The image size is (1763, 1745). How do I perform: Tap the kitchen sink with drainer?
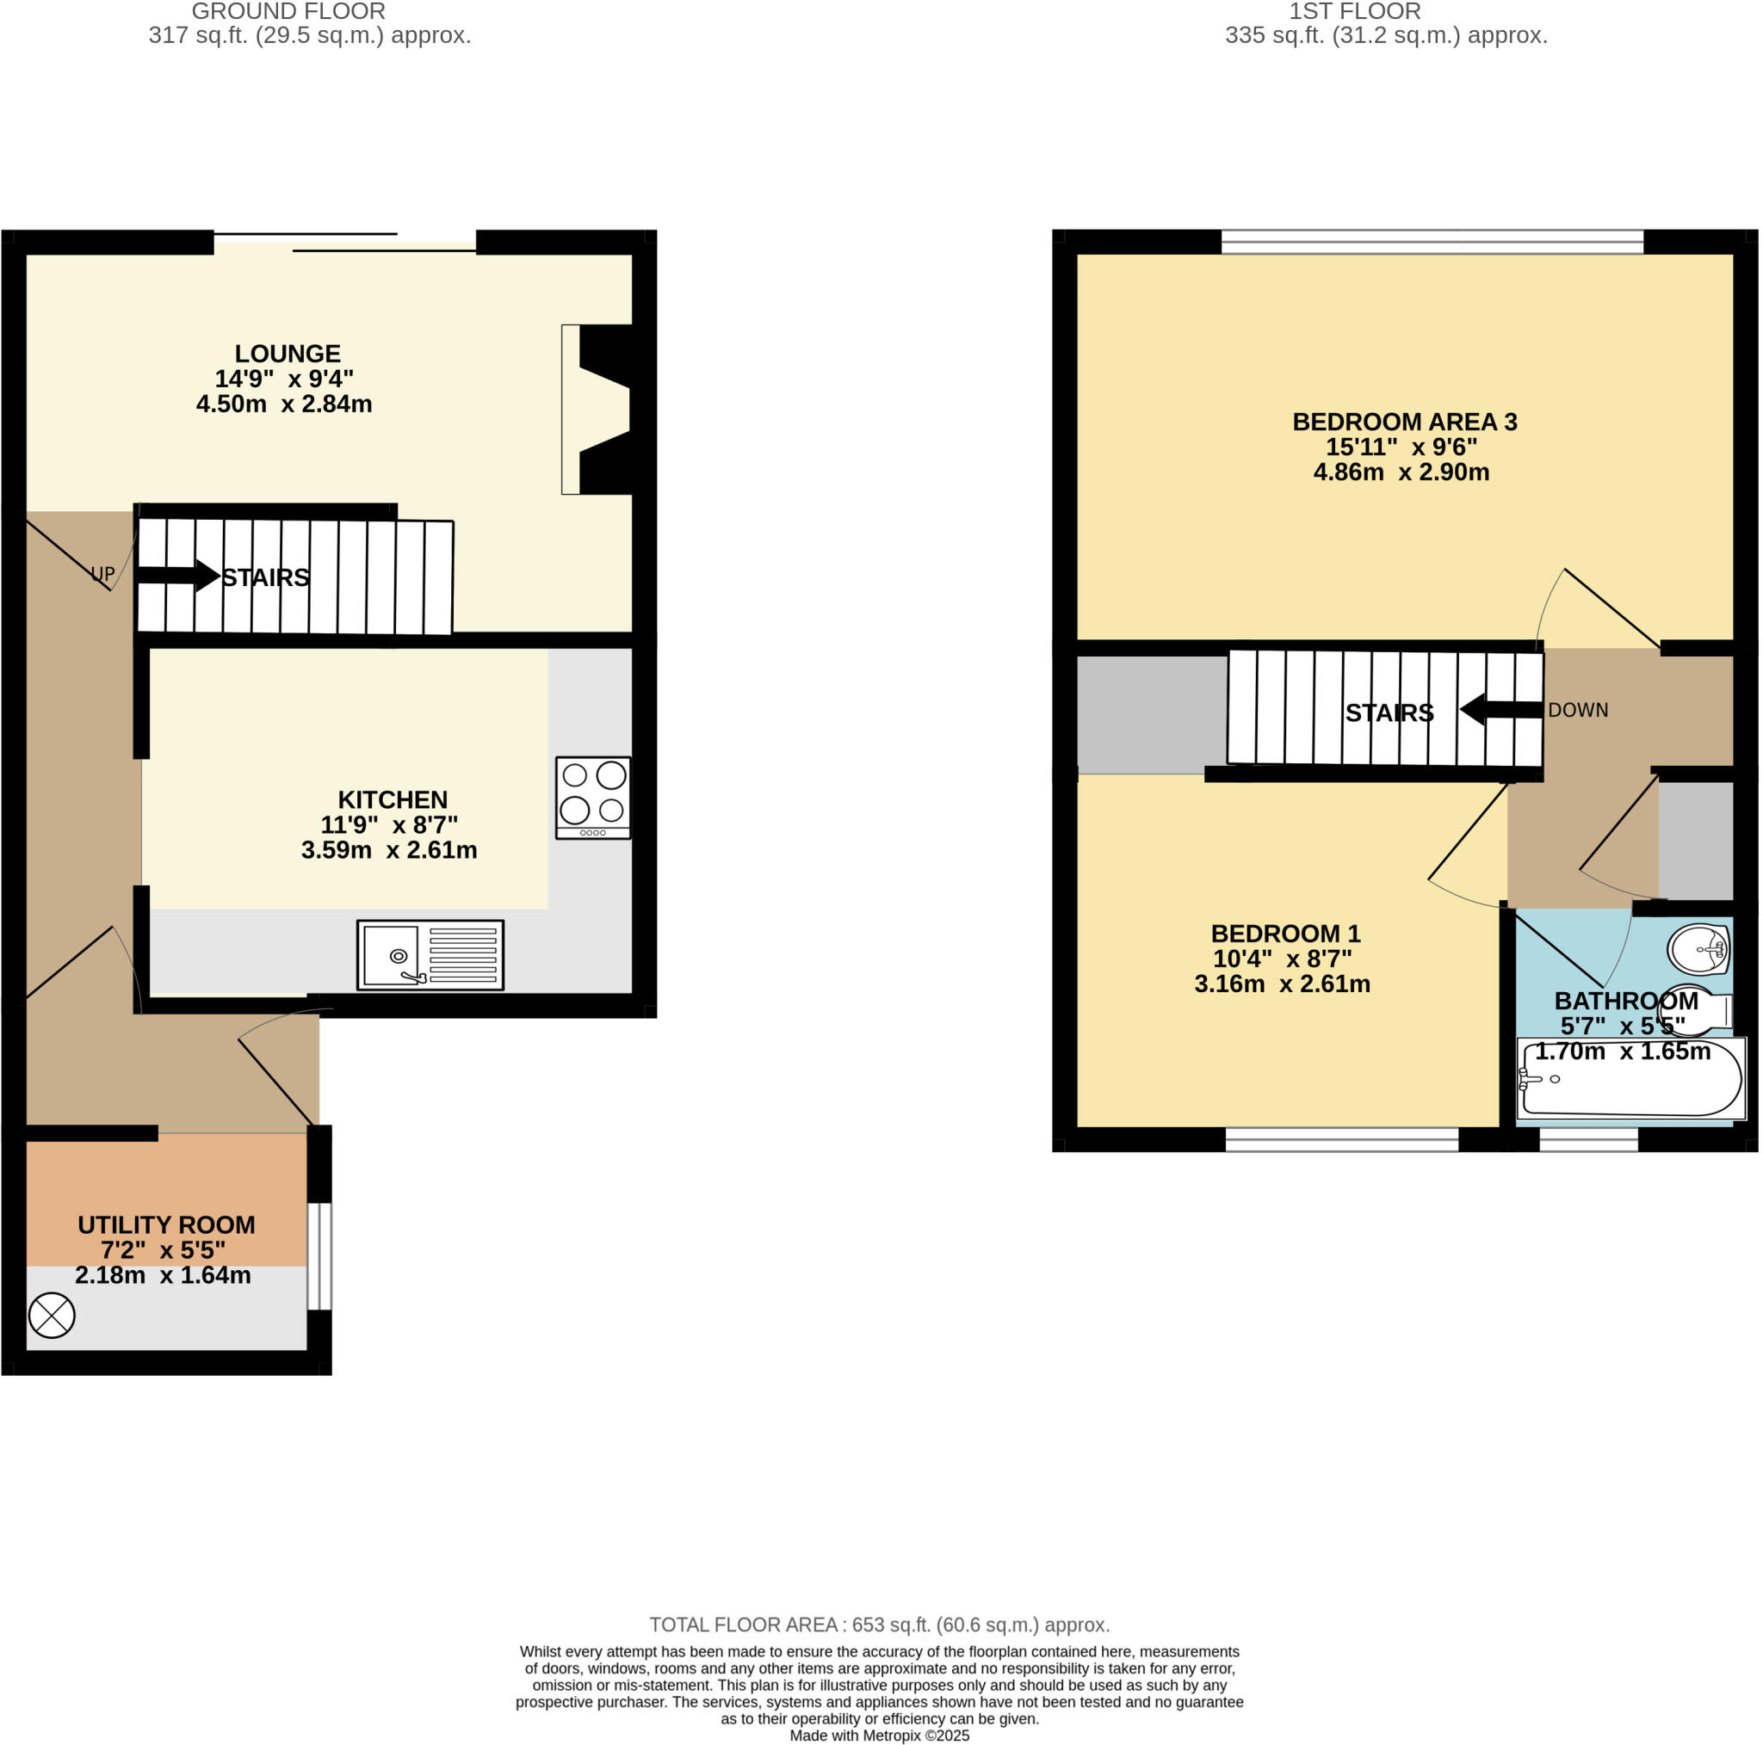[430, 955]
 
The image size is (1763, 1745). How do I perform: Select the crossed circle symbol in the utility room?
[52, 1316]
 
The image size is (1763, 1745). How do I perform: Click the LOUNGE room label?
[288, 354]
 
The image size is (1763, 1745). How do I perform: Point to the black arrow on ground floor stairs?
[179, 576]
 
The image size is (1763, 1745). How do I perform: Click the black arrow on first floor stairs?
[1501, 709]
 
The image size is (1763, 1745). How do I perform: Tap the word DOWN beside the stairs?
[1578, 710]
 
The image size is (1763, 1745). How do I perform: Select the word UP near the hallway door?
[102, 574]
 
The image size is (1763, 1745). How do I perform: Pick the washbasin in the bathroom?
[1699, 950]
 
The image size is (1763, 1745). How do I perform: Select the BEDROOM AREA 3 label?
[1404, 422]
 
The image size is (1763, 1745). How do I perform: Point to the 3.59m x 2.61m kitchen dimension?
[389, 850]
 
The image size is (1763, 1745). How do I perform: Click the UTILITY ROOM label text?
[166, 1225]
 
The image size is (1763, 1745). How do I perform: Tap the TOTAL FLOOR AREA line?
[880, 1625]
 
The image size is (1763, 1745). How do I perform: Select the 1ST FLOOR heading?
[1354, 12]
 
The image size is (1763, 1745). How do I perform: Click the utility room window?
[319, 1256]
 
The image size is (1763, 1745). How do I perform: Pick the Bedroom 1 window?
[1341, 1139]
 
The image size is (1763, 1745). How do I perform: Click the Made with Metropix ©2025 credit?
[880, 1735]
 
